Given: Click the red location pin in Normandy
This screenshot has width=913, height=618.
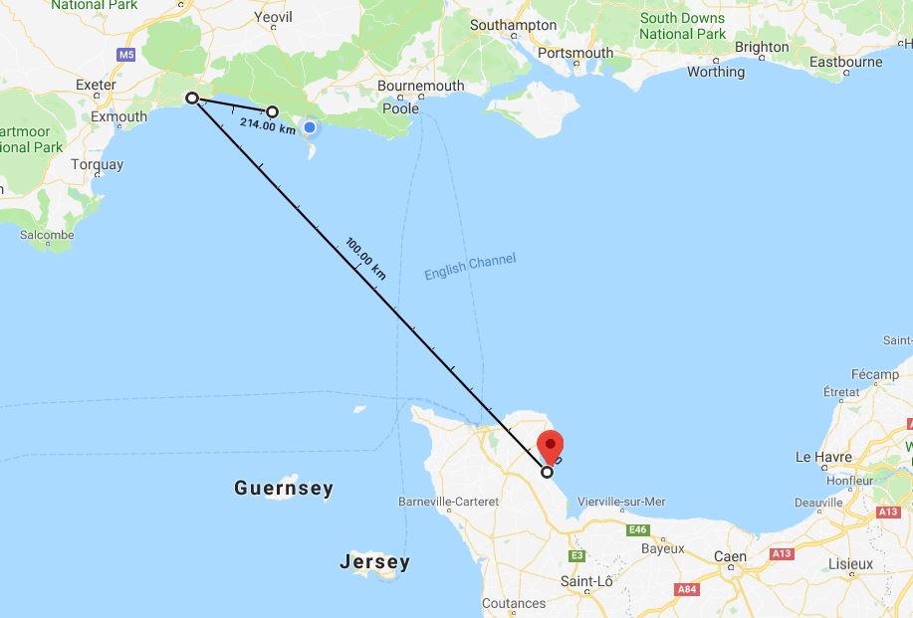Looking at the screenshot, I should click(x=550, y=445).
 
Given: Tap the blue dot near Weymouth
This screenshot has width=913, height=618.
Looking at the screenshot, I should click(x=311, y=127).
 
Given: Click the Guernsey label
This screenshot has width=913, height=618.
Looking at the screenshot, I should click(x=284, y=489).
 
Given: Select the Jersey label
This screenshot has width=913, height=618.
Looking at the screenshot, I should click(x=374, y=562).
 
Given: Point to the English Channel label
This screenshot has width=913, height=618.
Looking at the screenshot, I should click(x=470, y=266).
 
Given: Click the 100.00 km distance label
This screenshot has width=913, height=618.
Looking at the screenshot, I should click(x=365, y=257).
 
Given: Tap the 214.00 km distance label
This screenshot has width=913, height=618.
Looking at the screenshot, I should click(x=268, y=126).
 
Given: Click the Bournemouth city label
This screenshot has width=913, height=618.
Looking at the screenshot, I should click(x=421, y=86).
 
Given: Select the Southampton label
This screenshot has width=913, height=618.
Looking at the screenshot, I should click(x=513, y=24).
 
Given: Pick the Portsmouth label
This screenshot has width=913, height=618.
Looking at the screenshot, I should click(x=573, y=53).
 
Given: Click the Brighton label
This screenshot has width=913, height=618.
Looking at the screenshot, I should click(x=762, y=47).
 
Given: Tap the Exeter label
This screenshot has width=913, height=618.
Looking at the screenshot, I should click(x=96, y=85).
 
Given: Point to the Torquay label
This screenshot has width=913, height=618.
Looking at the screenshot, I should click(x=98, y=164).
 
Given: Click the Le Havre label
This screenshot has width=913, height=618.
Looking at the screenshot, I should click(x=823, y=457).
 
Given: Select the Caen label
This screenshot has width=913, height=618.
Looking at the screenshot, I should click(x=730, y=557).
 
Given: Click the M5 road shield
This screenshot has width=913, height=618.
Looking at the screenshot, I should click(x=125, y=55).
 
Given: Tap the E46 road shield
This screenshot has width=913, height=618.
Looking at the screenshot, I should click(x=637, y=530).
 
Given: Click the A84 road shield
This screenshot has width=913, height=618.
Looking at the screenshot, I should click(x=685, y=590).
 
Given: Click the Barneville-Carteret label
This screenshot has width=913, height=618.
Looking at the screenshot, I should click(x=448, y=502).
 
